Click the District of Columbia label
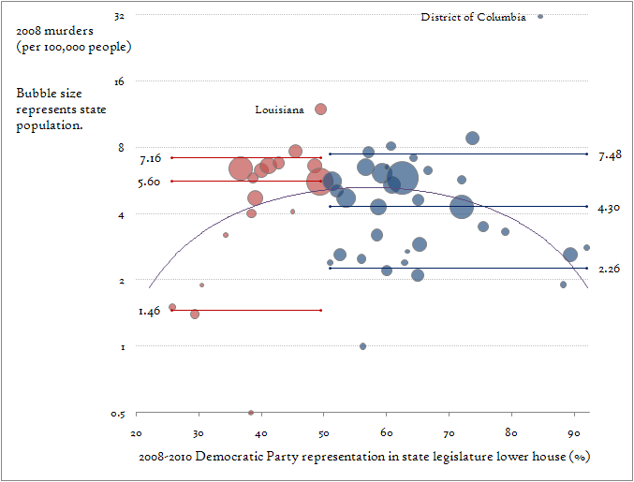pos(473,17)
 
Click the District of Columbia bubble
pos(540,16)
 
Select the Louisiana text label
pos(279,110)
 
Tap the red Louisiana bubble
pos(320,109)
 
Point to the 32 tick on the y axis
pos(119,16)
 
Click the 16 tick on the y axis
pos(119,81)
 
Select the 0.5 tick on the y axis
pos(118,414)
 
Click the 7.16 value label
pos(151,158)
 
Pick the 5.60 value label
pos(149,182)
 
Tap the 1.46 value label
pos(150,310)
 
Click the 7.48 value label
pos(609,155)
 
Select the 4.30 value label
pos(609,207)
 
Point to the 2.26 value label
pos(609,269)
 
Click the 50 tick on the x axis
pos(324,433)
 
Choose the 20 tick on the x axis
pos(137,433)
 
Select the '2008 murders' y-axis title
pos(73,38)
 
